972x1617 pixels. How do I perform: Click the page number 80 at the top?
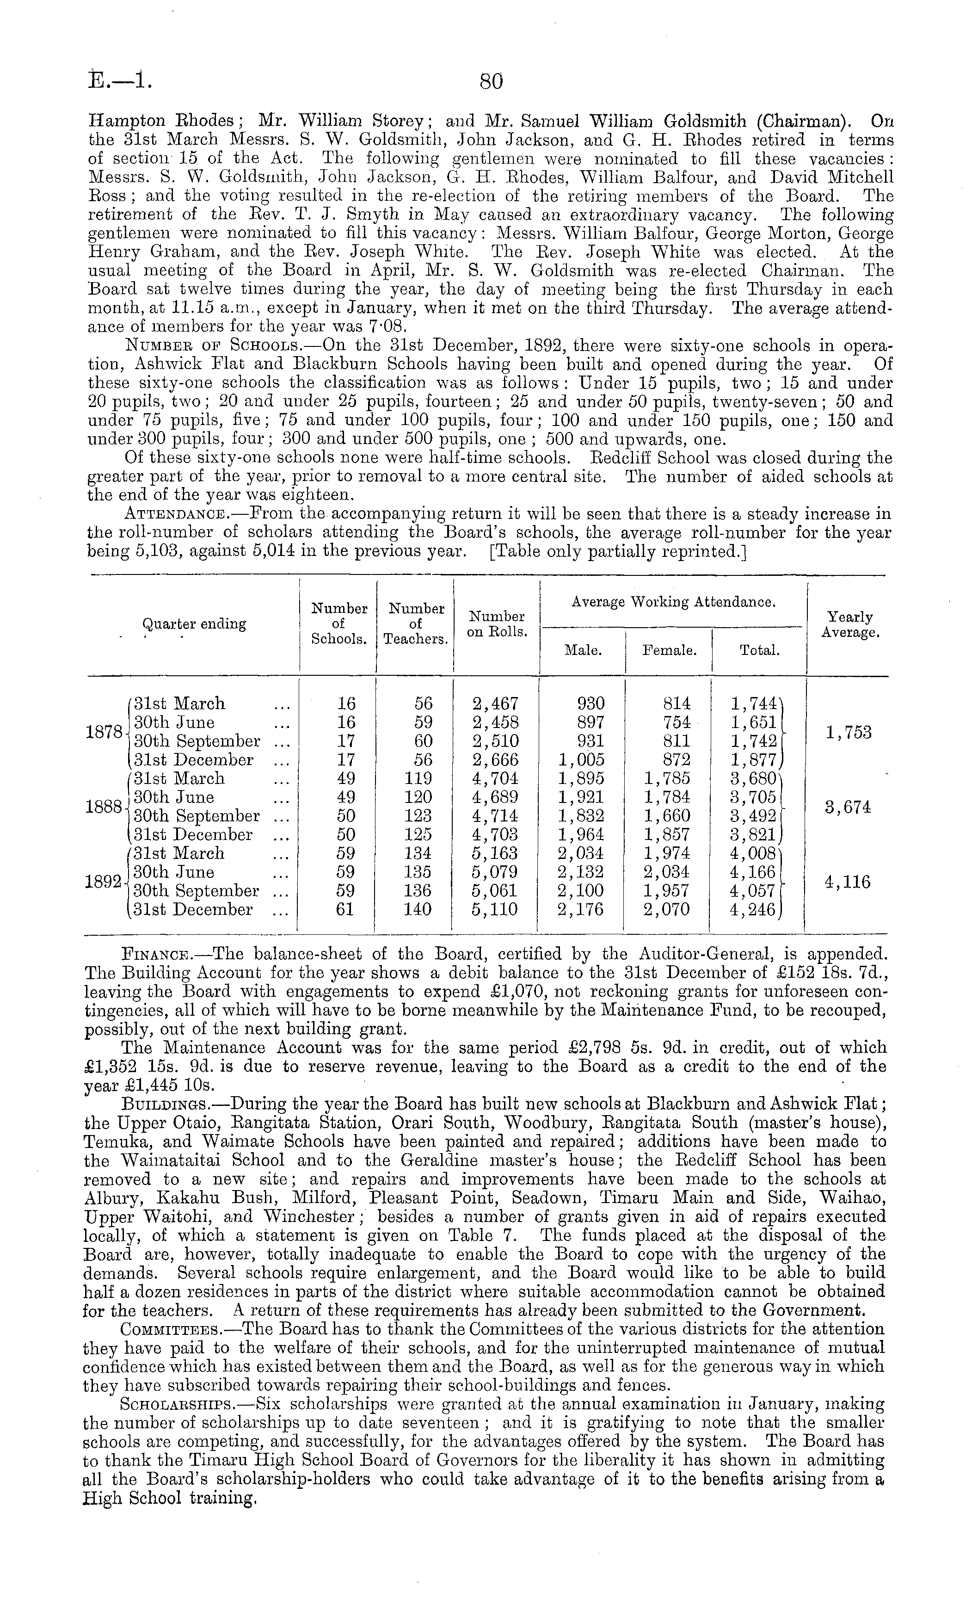click(491, 81)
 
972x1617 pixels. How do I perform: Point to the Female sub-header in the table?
click(669, 651)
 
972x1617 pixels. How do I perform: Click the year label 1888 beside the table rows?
click(104, 807)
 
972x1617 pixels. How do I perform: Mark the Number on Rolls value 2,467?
click(495, 704)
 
